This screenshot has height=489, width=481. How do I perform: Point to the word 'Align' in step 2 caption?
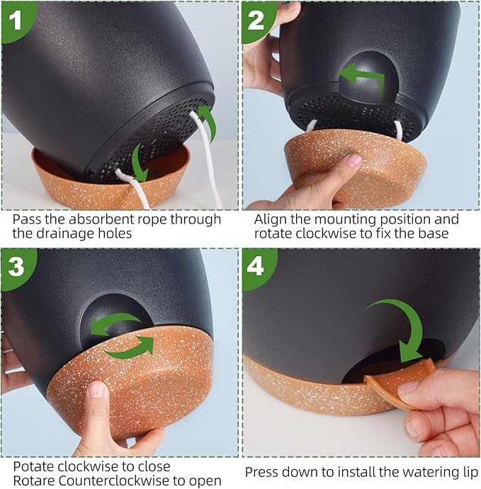[x=270, y=219]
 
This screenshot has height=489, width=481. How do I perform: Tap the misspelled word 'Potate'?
[x=33, y=466]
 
